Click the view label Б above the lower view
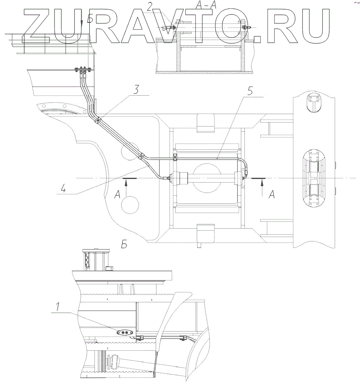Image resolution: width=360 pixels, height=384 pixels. point(124,243)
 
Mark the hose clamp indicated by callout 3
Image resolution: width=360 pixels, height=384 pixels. point(98,119)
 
